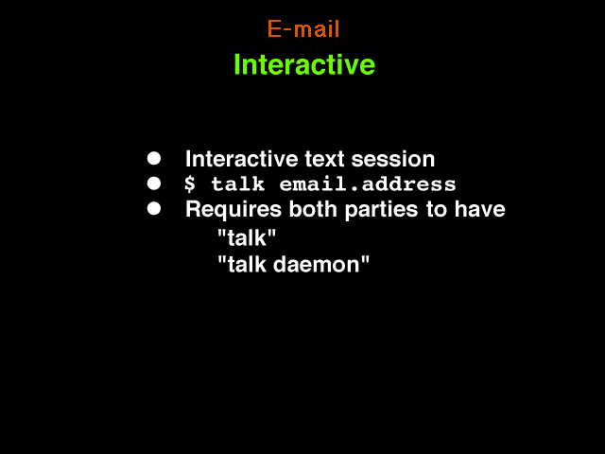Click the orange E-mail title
(x=303, y=29)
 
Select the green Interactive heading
(x=304, y=64)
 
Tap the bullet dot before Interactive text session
(x=154, y=158)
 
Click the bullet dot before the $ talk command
(x=154, y=183)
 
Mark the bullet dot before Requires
(x=154, y=208)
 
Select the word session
(x=393, y=159)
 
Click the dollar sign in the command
(x=189, y=183)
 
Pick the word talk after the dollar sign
(x=237, y=183)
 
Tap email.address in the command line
(x=368, y=183)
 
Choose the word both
(x=313, y=209)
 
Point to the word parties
(x=381, y=210)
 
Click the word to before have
(x=436, y=210)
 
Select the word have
(x=479, y=209)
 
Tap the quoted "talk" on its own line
(x=247, y=237)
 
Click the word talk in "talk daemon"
(x=247, y=265)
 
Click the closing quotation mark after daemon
(x=365, y=260)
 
